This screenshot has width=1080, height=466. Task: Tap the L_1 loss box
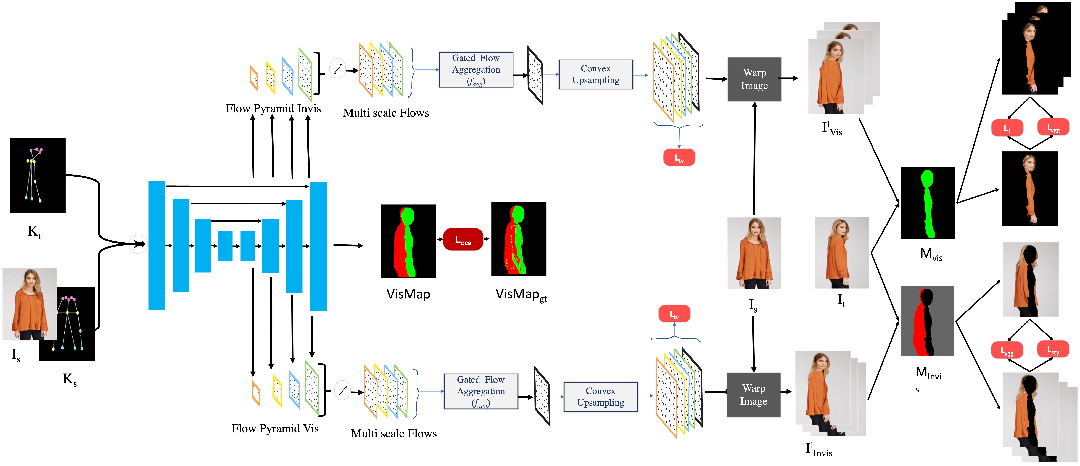pos(1007,128)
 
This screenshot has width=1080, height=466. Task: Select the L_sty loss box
pos(1053,349)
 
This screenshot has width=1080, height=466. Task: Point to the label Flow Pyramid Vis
pos(275,429)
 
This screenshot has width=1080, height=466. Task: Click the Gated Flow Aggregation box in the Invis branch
pos(476,70)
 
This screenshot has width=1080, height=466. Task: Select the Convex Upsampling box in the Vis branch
pos(600,397)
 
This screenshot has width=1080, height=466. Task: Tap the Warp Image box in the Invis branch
pos(754,79)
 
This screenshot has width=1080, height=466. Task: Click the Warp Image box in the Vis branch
pos(753,395)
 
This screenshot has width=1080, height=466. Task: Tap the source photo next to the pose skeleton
pos(29,304)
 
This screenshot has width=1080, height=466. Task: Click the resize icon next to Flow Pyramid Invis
pos(337,68)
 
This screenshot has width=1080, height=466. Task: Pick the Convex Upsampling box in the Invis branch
pos(595,74)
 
